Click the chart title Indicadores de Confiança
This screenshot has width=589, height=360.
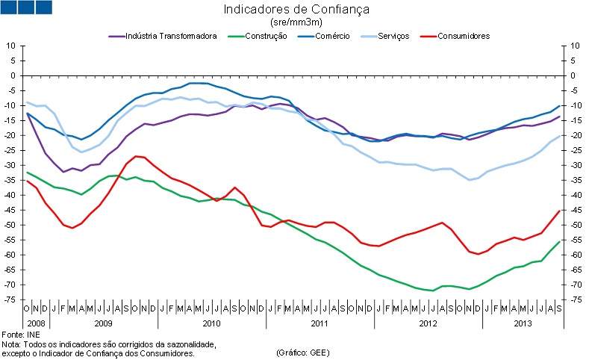coord(296,10)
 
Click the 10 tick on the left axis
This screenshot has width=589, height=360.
coord(12,46)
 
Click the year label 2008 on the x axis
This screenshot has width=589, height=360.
coord(35,323)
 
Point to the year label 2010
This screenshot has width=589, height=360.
coord(212,323)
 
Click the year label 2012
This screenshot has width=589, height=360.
coord(428,323)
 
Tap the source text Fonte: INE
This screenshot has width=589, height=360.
coord(20,334)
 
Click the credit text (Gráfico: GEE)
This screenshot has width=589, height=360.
coord(302,352)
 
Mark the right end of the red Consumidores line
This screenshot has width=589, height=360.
coord(560,210)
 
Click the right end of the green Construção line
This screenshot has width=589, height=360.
coord(560,241)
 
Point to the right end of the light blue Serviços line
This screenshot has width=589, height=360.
coord(560,135)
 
